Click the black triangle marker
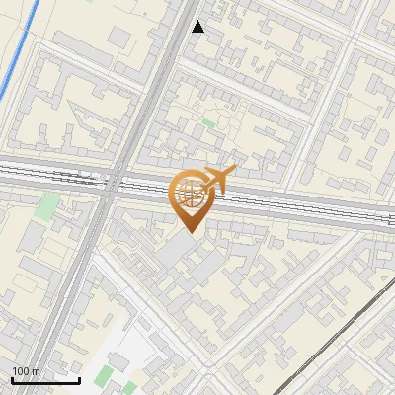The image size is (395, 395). (198, 27)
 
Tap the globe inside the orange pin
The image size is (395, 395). (190, 192)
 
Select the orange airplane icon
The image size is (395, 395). (218, 179)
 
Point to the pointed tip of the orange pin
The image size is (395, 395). (190, 232)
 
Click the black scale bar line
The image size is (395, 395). (45, 380)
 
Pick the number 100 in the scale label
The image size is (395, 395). (21, 372)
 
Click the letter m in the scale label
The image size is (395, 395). (37, 372)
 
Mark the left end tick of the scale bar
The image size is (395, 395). (12, 378)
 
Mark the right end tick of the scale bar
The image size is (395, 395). (79, 378)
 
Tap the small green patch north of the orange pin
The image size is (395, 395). (208, 123)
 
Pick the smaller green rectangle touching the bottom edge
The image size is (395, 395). (130, 388)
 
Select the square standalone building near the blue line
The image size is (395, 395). (118, 37)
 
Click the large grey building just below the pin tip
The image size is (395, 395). (176, 251)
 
